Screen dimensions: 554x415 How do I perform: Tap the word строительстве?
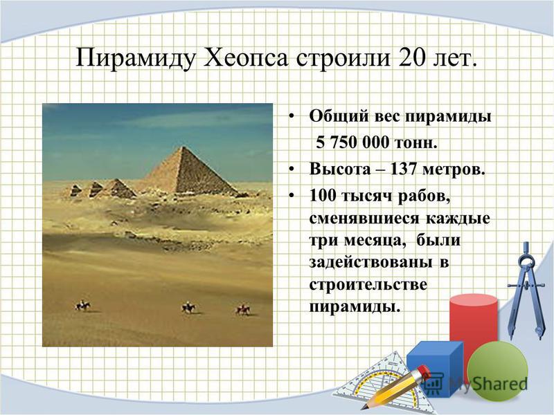coord(368,285)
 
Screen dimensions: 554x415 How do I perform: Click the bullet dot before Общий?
coord(291,116)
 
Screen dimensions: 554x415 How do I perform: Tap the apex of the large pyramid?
coord(182,147)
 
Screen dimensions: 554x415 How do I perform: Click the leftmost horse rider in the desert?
coord(82,305)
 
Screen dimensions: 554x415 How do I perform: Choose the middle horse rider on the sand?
coord(188,308)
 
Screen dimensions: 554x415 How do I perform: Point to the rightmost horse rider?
coord(243,309)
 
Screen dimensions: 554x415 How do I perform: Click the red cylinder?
coord(474,324)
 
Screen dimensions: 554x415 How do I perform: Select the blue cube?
coord(434,364)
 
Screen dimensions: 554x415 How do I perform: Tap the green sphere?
coord(497,371)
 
